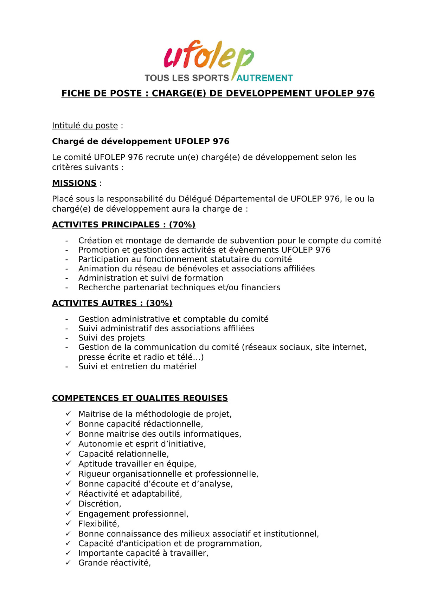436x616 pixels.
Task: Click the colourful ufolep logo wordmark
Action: coord(209,56)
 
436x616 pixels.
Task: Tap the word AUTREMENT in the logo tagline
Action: coord(264,78)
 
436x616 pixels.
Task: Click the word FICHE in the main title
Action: coord(75,93)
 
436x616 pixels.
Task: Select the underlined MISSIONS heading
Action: coord(74,183)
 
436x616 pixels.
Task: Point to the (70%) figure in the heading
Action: coord(182,225)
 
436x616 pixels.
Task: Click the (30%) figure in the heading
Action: coord(159,303)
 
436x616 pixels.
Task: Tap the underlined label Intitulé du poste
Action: coord(85,126)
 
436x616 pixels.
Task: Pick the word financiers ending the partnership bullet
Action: coord(261,287)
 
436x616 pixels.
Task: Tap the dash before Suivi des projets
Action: coord(66,338)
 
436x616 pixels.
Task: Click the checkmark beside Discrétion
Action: coord(69,503)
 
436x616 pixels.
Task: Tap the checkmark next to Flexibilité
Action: coord(69,523)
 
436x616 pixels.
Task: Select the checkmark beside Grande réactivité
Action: coord(69,563)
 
